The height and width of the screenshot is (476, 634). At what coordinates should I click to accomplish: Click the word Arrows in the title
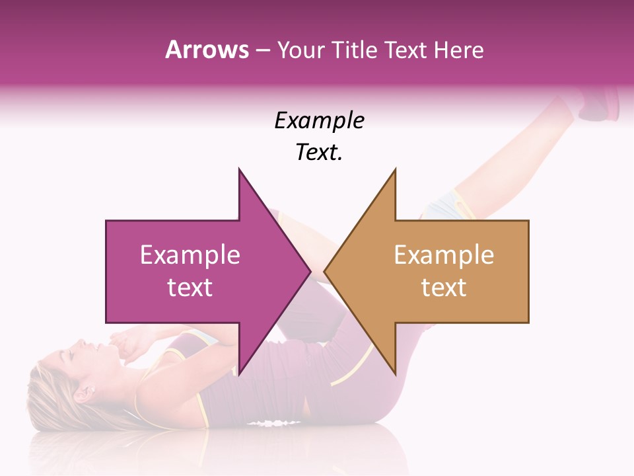tap(207, 50)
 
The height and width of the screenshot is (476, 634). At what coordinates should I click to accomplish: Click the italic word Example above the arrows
tap(319, 120)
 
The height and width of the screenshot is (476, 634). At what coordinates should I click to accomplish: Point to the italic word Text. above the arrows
tap(319, 153)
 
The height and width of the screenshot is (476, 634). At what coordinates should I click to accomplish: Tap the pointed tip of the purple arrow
tap(308, 271)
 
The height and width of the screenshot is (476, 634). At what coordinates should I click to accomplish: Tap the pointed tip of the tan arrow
tap(326, 271)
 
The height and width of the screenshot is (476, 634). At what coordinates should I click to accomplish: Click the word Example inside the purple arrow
tap(190, 255)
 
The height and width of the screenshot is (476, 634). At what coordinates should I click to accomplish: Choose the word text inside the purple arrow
tap(190, 288)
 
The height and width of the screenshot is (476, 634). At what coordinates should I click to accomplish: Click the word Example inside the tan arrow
tap(444, 255)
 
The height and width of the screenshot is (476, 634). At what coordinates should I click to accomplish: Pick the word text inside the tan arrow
tap(444, 288)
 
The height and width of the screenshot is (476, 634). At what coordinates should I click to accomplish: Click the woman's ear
tap(85, 394)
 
